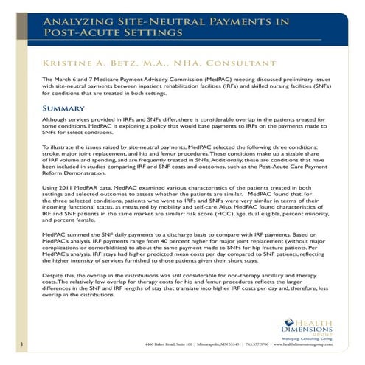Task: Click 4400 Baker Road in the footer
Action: tap(147, 344)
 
